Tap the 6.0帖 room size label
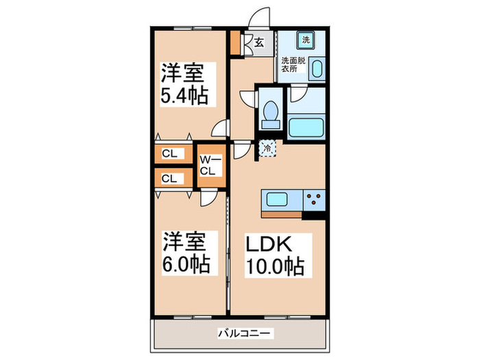click(x=185, y=262)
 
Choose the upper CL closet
click(x=170, y=154)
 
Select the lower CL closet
click(x=170, y=178)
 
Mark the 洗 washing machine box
click(x=307, y=40)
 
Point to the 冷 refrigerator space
click(x=266, y=146)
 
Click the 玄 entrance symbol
click(x=259, y=43)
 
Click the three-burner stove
click(x=316, y=200)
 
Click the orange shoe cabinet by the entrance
click(x=235, y=43)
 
